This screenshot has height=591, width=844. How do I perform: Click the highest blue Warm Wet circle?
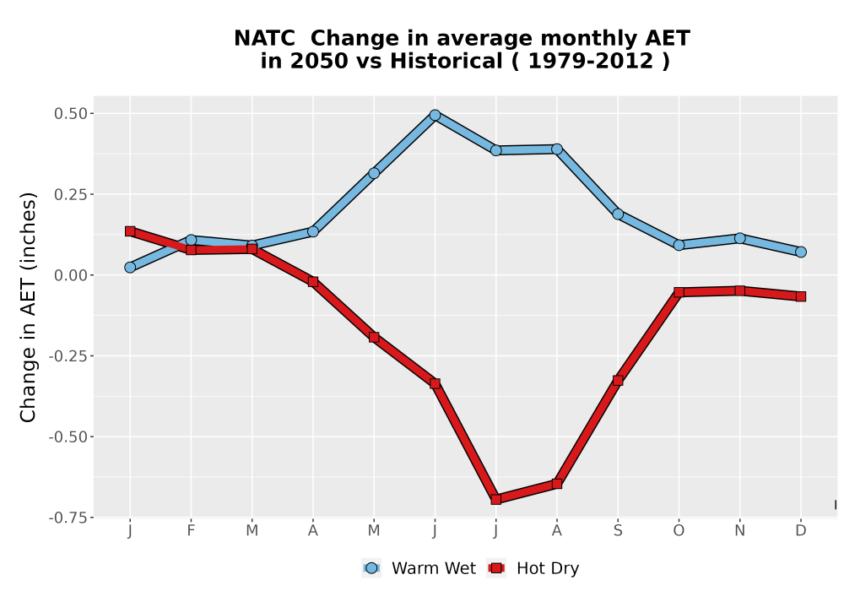click(435, 115)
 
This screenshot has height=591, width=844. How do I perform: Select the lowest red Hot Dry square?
click(495, 499)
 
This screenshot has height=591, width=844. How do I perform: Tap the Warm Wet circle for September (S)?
click(618, 214)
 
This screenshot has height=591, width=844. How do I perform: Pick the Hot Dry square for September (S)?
click(618, 381)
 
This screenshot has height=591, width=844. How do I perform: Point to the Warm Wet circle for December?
click(801, 252)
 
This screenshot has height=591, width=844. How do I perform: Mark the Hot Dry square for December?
click(801, 296)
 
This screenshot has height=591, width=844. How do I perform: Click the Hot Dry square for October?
click(679, 292)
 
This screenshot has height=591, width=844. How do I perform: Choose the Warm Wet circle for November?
click(739, 238)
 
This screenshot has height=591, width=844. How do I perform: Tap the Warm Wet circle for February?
click(191, 240)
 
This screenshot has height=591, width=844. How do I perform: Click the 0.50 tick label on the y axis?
click(71, 114)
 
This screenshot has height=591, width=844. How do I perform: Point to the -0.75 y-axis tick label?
click(68, 518)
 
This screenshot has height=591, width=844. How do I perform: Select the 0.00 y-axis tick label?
click(71, 275)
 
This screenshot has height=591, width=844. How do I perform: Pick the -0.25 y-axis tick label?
click(68, 355)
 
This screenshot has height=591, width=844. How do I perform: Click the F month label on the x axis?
click(191, 531)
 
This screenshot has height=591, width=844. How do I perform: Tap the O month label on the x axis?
click(679, 531)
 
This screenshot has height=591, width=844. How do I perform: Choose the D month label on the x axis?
click(801, 531)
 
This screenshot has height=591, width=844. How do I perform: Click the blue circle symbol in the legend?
click(371, 568)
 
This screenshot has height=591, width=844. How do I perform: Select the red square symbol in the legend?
click(496, 568)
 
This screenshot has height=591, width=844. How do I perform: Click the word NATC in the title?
click(264, 38)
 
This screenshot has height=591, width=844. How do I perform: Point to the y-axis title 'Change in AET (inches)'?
click(28, 307)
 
